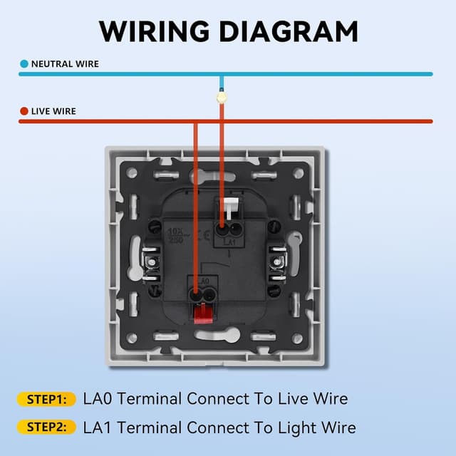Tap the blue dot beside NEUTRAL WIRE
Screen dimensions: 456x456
coord(24,63)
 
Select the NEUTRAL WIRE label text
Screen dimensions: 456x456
coord(65,63)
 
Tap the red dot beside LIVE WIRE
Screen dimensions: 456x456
coord(24,111)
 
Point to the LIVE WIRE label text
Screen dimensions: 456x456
coord(53,111)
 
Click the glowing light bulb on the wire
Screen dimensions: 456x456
coord(222,96)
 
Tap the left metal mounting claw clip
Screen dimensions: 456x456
coord(152,264)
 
